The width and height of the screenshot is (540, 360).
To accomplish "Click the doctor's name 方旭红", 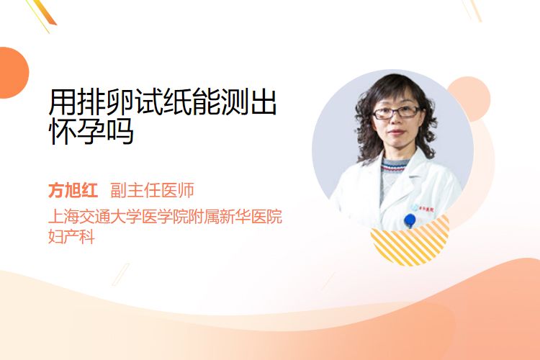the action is [73, 190].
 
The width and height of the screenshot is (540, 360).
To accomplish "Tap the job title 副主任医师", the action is [152, 190].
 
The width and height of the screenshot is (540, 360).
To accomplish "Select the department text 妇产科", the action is [71, 237].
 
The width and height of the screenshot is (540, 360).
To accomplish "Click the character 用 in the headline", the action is [62, 102].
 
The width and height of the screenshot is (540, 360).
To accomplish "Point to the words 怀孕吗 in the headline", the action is [91, 131].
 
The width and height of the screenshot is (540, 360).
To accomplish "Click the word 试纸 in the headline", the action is [163, 102].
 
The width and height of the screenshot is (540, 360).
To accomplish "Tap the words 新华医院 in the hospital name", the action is [251, 217].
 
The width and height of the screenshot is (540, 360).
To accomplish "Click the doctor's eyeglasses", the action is [396, 112].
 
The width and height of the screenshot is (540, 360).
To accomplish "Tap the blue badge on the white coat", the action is [410, 220].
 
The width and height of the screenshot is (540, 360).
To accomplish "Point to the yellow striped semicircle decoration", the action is [410, 241].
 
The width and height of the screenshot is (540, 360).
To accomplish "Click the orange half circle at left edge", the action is [14, 73].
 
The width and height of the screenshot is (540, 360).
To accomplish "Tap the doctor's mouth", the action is [396, 133].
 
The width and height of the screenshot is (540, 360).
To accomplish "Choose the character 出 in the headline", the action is [264, 102].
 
